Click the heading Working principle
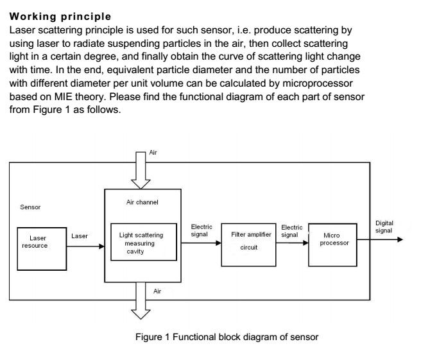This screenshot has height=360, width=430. coord(60,16)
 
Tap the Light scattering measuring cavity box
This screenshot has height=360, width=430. coord(143,243)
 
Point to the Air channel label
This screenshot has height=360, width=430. coord(142,202)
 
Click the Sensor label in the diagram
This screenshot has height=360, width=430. coord(31,207)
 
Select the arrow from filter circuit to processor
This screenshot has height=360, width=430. coord(292,244)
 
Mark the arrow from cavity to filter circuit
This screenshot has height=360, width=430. coord(199,244)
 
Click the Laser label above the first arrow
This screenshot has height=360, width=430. coord(80,236)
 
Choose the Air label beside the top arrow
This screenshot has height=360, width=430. coord(153,153)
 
